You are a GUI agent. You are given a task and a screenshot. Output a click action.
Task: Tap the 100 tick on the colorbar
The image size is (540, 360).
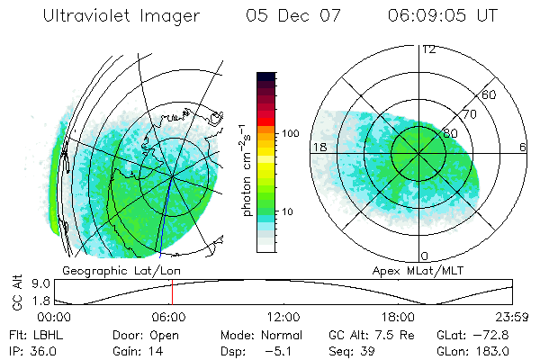tap(291, 133)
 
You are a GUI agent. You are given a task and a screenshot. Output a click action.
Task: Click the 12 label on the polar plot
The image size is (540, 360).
tap(428, 49)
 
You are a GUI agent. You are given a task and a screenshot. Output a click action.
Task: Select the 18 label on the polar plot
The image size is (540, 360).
tap(319, 147)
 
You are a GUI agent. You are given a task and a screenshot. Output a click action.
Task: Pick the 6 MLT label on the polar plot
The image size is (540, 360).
tap(523, 147)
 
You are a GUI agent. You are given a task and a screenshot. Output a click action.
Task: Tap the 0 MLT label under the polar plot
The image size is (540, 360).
tap(425, 256)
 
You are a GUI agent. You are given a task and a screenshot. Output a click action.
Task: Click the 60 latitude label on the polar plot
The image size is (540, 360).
tap(490, 94)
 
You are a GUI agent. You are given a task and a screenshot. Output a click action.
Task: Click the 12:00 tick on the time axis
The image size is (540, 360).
tap(283, 318)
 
